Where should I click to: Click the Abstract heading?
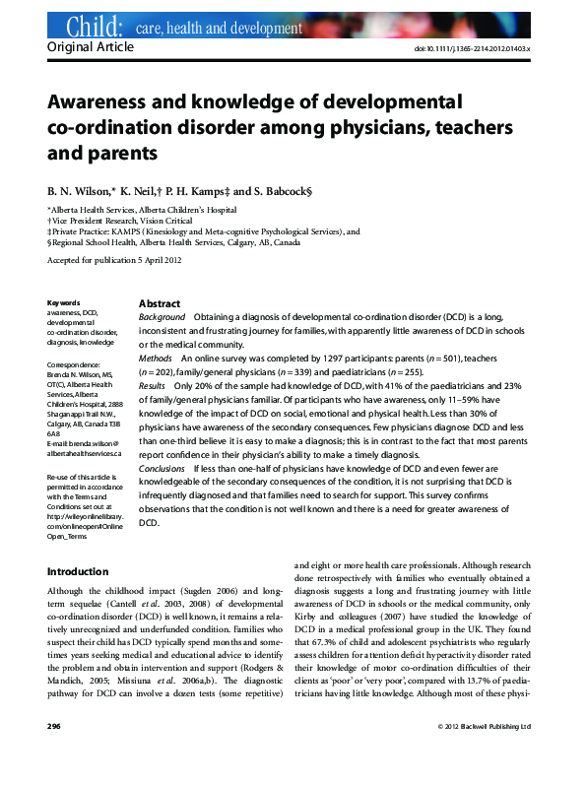[160, 303]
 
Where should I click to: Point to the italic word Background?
[163, 317]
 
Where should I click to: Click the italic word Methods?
[158, 360]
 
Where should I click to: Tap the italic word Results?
[153, 388]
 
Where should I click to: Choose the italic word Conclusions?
[163, 470]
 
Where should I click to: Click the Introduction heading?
[78, 571]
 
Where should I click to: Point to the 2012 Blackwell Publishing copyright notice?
[484, 753]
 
